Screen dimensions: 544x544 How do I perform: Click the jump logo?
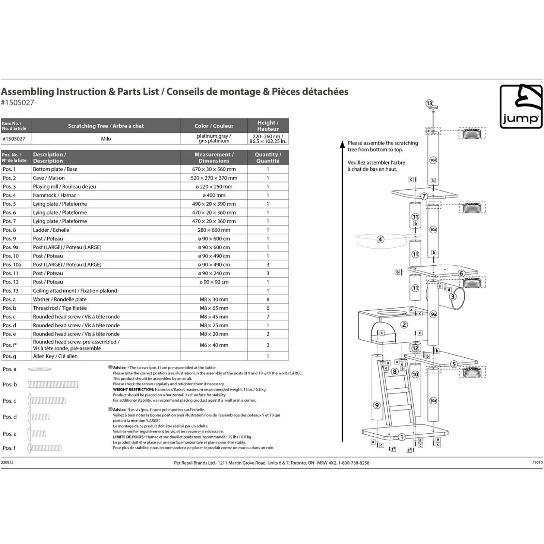coord(521,107)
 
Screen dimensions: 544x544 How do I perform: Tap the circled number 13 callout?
coord(429,103)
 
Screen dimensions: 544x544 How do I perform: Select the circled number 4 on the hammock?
coord(380,239)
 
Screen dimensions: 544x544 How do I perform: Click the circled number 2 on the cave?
coord(404,325)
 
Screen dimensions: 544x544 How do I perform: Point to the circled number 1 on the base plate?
coord(401,437)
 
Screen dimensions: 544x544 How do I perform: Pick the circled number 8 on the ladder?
coord(395,371)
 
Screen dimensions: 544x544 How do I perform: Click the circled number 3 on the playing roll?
coord(452,297)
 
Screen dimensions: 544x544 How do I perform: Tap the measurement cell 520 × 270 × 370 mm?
coord(214,178)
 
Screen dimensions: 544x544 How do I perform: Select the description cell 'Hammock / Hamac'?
coord(54,195)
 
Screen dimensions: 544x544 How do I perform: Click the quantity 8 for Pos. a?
coord(268,299)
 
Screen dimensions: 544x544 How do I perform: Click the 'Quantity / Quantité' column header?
coord(268,158)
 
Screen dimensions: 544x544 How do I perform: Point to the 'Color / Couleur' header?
coord(214,126)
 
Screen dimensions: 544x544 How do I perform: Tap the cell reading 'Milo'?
coord(106,139)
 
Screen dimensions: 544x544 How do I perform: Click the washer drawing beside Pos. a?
coord(39,369)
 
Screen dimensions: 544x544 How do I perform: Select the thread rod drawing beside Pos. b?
coord(53,385)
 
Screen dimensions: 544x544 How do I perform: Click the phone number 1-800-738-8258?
coord(354,463)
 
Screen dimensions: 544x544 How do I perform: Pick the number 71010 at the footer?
coord(537,462)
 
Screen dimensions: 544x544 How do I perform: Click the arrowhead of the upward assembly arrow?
coord(342,145)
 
